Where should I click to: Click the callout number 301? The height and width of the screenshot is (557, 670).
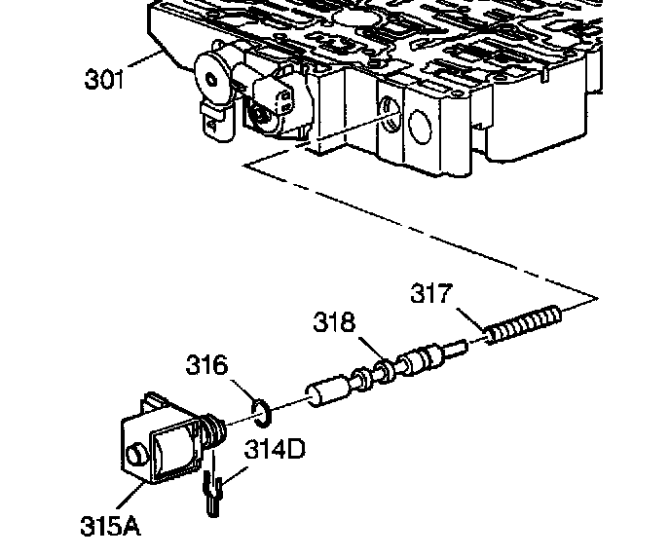coord(105,80)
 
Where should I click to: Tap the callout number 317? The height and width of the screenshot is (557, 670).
coord(431,293)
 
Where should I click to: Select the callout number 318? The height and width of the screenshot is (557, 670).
coord(334,321)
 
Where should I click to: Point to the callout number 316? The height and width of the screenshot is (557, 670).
coord(206,365)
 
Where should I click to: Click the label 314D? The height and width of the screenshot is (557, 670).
coord(275,449)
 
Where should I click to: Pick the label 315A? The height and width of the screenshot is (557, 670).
coord(110,526)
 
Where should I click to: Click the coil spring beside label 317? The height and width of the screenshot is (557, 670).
coord(523,324)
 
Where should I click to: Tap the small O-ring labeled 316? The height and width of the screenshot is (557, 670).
coord(261,413)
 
